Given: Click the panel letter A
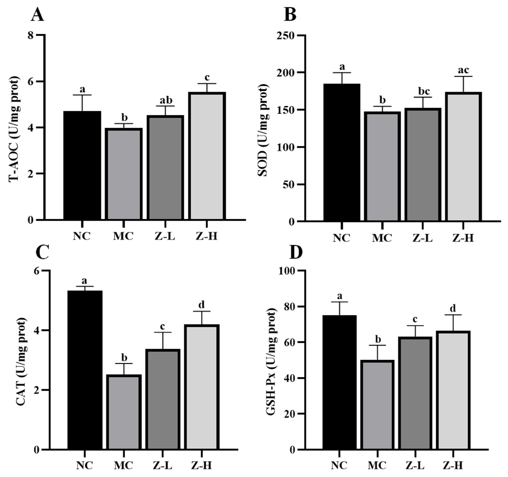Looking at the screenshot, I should [x=37, y=15].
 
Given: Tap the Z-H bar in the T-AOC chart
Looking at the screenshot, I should [x=207, y=156].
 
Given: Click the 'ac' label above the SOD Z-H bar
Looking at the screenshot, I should [x=463, y=70].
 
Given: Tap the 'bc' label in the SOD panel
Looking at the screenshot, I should [x=424, y=91].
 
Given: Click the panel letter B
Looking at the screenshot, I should [x=290, y=15].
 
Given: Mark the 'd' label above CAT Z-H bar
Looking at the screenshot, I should [x=202, y=305].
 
